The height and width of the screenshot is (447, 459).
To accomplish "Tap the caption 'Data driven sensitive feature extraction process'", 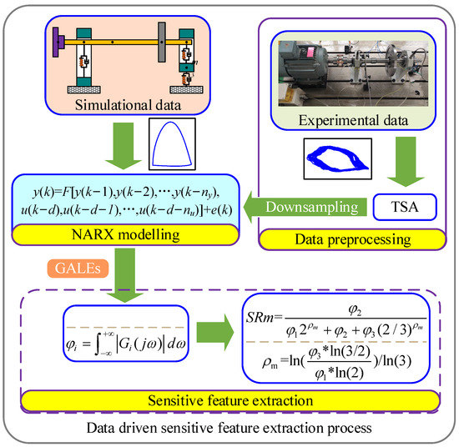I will [x=229, y=428].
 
